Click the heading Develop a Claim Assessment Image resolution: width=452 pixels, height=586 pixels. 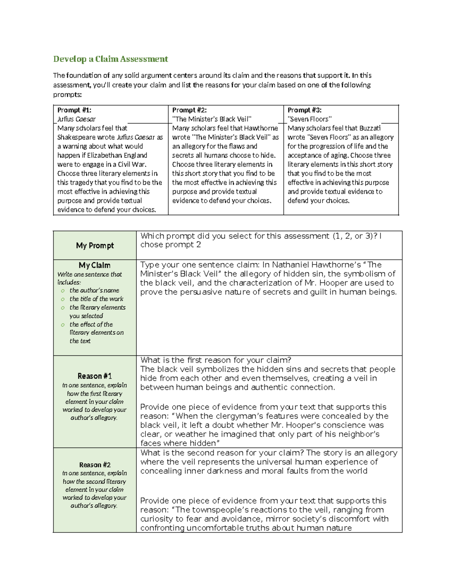(x=110, y=59)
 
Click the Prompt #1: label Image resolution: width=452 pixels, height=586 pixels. (x=74, y=110)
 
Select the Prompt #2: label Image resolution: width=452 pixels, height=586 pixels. (x=189, y=110)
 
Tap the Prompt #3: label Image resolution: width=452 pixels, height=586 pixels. (x=304, y=110)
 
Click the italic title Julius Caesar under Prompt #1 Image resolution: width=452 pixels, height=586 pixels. (x=76, y=119)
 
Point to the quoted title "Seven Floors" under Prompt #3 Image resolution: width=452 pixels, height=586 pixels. (x=310, y=119)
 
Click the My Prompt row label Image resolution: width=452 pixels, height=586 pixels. (x=95, y=245)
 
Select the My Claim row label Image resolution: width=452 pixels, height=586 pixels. (x=95, y=265)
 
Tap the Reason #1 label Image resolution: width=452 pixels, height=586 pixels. (x=95, y=376)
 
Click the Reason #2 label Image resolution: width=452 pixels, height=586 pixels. (x=95, y=464)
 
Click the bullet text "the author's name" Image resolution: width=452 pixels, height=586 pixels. (x=94, y=290)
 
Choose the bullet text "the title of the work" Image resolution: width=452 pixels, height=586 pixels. (x=96, y=298)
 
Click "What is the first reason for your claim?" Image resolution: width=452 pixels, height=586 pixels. (x=215, y=360)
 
